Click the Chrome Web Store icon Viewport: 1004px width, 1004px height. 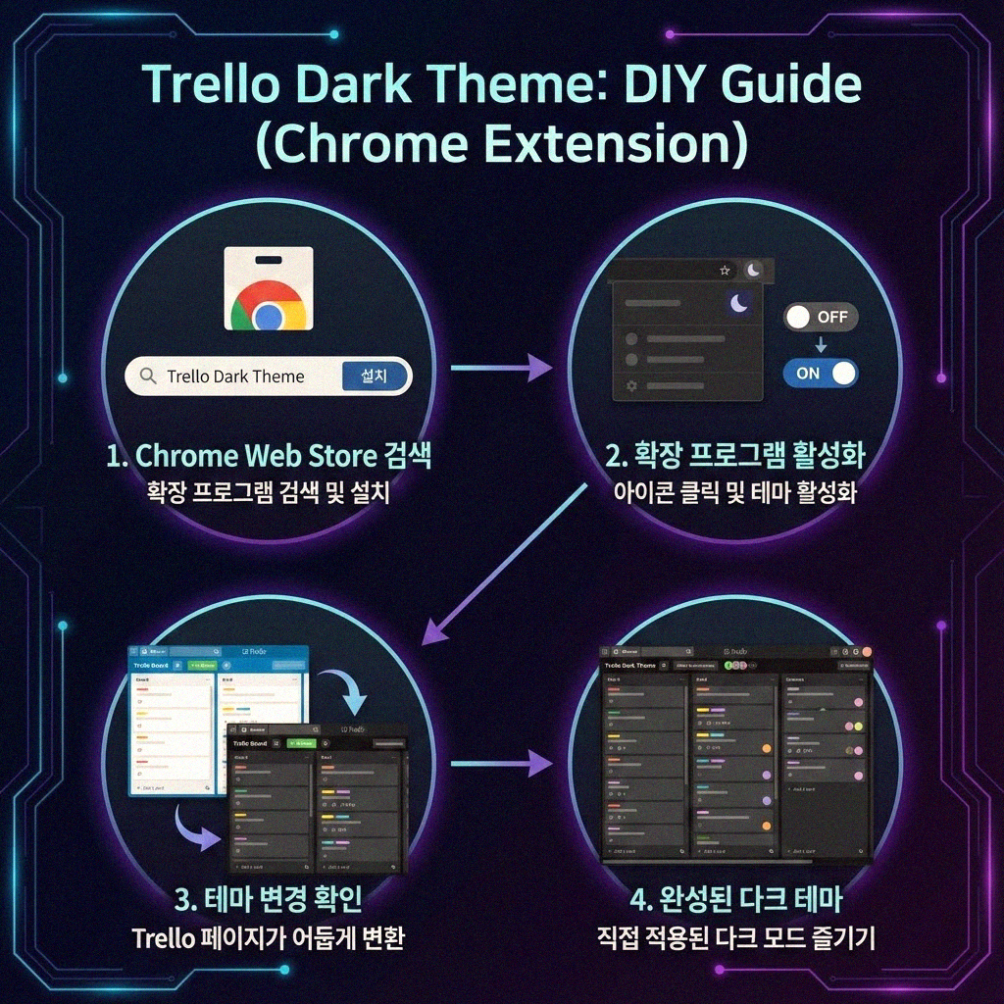[x=268, y=289]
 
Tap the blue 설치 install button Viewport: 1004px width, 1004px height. [x=374, y=376]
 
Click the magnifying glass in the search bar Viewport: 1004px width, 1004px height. [x=149, y=376]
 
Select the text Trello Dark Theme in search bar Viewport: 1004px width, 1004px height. [x=235, y=376]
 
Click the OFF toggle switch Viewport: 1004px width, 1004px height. [x=821, y=318]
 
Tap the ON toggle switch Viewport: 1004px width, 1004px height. [x=820, y=373]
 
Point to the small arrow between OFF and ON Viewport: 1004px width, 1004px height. [x=821, y=344]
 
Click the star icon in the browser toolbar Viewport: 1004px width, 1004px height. [x=725, y=270]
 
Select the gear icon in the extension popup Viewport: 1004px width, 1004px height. [x=631, y=386]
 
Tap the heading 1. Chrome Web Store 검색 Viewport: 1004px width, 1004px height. [x=269, y=456]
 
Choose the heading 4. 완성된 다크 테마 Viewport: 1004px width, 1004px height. [x=734, y=898]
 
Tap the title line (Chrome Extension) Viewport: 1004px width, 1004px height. [x=501, y=143]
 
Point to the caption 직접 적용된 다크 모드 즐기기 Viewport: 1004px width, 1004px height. [x=735, y=937]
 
